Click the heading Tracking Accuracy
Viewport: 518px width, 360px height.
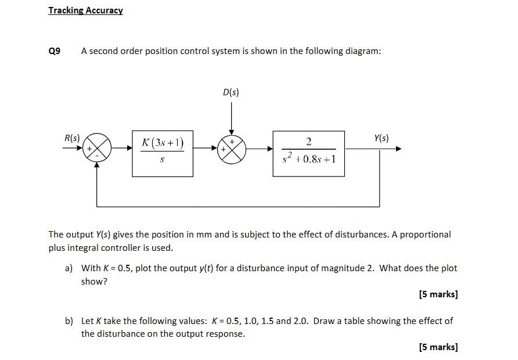click(85, 10)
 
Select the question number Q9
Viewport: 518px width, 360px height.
click(54, 51)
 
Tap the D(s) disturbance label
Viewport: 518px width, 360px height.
click(231, 92)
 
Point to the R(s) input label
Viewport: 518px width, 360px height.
click(72, 138)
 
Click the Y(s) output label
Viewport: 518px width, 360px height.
click(382, 138)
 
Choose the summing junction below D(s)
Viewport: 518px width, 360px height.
click(232, 149)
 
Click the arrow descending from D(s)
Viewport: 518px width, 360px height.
click(231, 119)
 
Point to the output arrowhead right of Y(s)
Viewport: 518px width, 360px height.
click(398, 149)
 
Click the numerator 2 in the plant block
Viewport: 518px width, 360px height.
click(308, 141)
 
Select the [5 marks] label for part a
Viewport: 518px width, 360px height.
click(438, 294)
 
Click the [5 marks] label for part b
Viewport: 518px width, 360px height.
click(438, 347)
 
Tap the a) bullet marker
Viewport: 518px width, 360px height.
click(69, 268)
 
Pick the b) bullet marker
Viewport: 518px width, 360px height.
click(69, 321)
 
